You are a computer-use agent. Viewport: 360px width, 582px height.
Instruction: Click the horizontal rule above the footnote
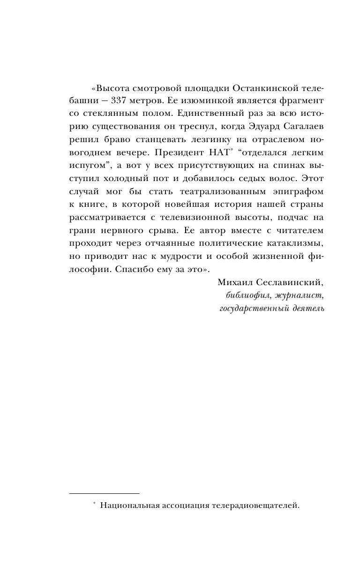[x=104, y=493]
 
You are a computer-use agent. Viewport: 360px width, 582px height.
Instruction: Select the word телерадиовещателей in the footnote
[x=255, y=506]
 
